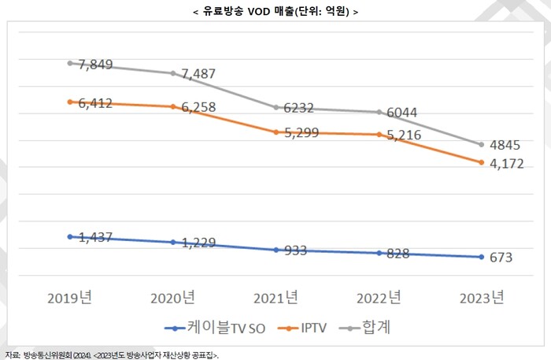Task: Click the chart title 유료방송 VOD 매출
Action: [275, 12]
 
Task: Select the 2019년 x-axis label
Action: [69, 298]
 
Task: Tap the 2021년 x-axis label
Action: [275, 298]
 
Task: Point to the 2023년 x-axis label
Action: [482, 298]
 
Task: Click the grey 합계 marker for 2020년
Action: [173, 73]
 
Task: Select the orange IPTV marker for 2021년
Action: [276, 132]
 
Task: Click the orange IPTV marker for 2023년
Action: [482, 162]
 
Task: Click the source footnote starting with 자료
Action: [110, 354]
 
